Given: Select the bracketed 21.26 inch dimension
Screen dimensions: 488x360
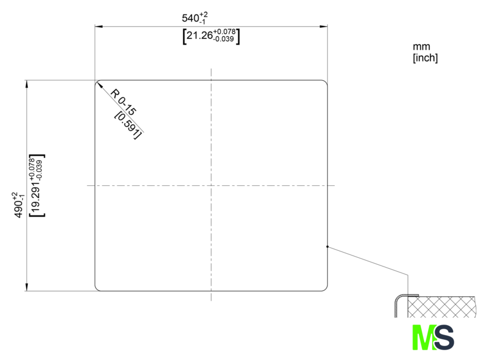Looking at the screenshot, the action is point(211,37).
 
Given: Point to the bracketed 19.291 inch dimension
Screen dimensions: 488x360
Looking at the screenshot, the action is point(37,185).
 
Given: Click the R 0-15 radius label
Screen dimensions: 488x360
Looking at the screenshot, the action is point(124,102).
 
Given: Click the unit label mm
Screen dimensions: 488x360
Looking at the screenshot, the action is point(421,46).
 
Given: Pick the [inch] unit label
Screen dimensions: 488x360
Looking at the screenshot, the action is point(425,58).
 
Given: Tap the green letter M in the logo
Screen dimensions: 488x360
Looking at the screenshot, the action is point(424,337).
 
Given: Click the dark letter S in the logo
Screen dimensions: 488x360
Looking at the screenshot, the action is point(444,337).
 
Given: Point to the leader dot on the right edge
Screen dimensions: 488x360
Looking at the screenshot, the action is point(328,247).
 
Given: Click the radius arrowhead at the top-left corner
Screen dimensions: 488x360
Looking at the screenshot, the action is point(99,85).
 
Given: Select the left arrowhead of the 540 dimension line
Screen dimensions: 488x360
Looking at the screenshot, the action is point(99,27).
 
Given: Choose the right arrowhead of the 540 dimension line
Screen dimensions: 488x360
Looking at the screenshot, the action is point(324,27).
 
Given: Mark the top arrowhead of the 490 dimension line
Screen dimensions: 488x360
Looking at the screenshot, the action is point(27,84).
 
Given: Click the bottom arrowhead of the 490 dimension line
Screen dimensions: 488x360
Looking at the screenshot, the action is point(27,287).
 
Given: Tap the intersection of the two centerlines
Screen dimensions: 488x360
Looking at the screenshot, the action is point(211,185).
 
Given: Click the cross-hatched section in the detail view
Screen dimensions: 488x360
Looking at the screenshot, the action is point(442,307).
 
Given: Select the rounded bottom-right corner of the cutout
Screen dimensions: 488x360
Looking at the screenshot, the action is point(325,289).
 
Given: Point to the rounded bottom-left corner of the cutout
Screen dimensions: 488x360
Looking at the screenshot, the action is point(97,289).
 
